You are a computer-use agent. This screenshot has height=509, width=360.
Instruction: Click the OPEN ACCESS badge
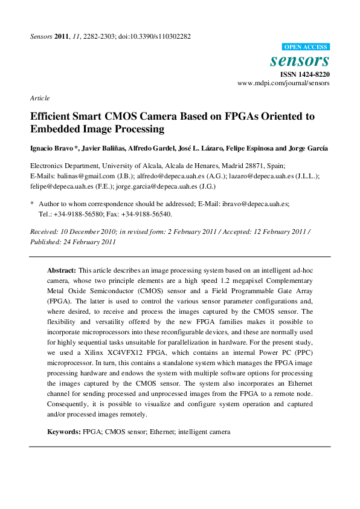tap(306, 47)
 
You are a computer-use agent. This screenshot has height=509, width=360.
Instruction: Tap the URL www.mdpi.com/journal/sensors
tap(284, 83)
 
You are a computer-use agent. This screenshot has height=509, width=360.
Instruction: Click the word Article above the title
tap(40, 98)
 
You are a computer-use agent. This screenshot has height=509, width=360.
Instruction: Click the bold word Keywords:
tap(64, 432)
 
